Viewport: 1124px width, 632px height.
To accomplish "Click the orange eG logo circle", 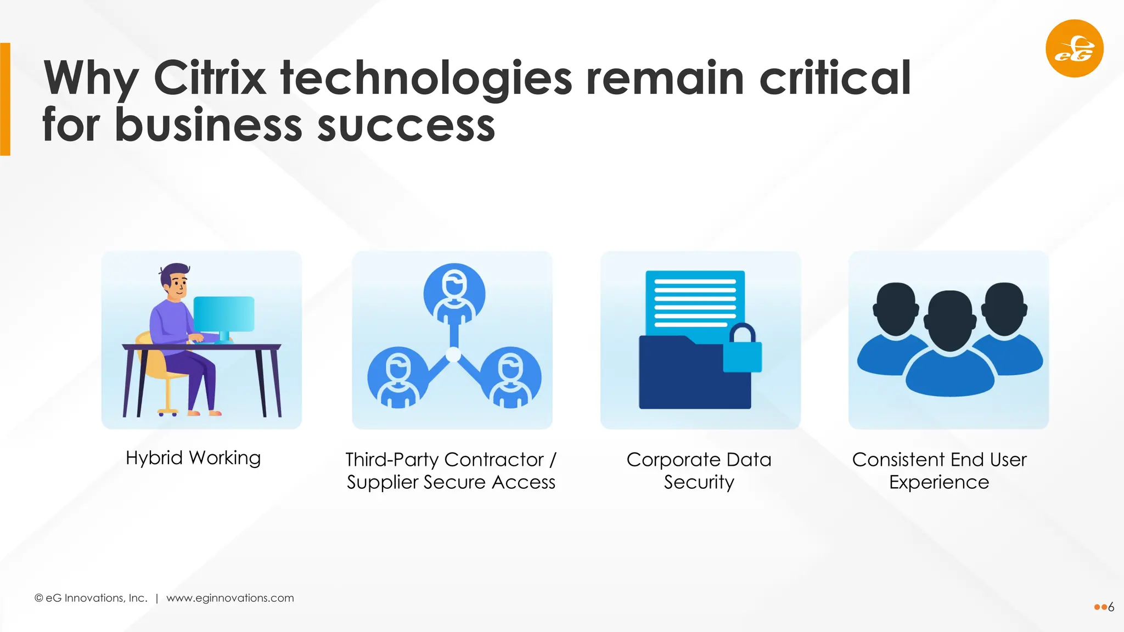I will pos(1074,48).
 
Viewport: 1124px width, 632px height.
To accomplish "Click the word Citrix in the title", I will pos(210,78).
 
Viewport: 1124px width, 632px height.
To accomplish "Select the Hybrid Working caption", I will pos(193,458).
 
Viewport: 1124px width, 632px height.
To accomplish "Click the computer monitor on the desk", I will pos(224,314).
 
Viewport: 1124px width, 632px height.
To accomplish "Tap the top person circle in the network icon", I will pos(454,293).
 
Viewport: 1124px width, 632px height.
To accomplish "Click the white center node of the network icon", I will pos(453,355).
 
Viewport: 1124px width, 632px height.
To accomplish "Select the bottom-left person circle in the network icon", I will pos(397,377).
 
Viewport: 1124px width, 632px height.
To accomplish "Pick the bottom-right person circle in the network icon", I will pos(511,377).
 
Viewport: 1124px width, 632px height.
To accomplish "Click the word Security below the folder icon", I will pos(699,482).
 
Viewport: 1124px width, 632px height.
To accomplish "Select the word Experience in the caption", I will pos(939,482).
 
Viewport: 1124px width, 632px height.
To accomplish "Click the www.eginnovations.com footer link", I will pos(230,598).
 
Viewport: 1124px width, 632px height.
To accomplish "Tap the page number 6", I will pos(1111,607).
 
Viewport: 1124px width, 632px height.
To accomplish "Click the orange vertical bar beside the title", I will pos(5,99).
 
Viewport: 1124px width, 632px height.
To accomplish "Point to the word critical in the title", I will pos(835,78).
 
